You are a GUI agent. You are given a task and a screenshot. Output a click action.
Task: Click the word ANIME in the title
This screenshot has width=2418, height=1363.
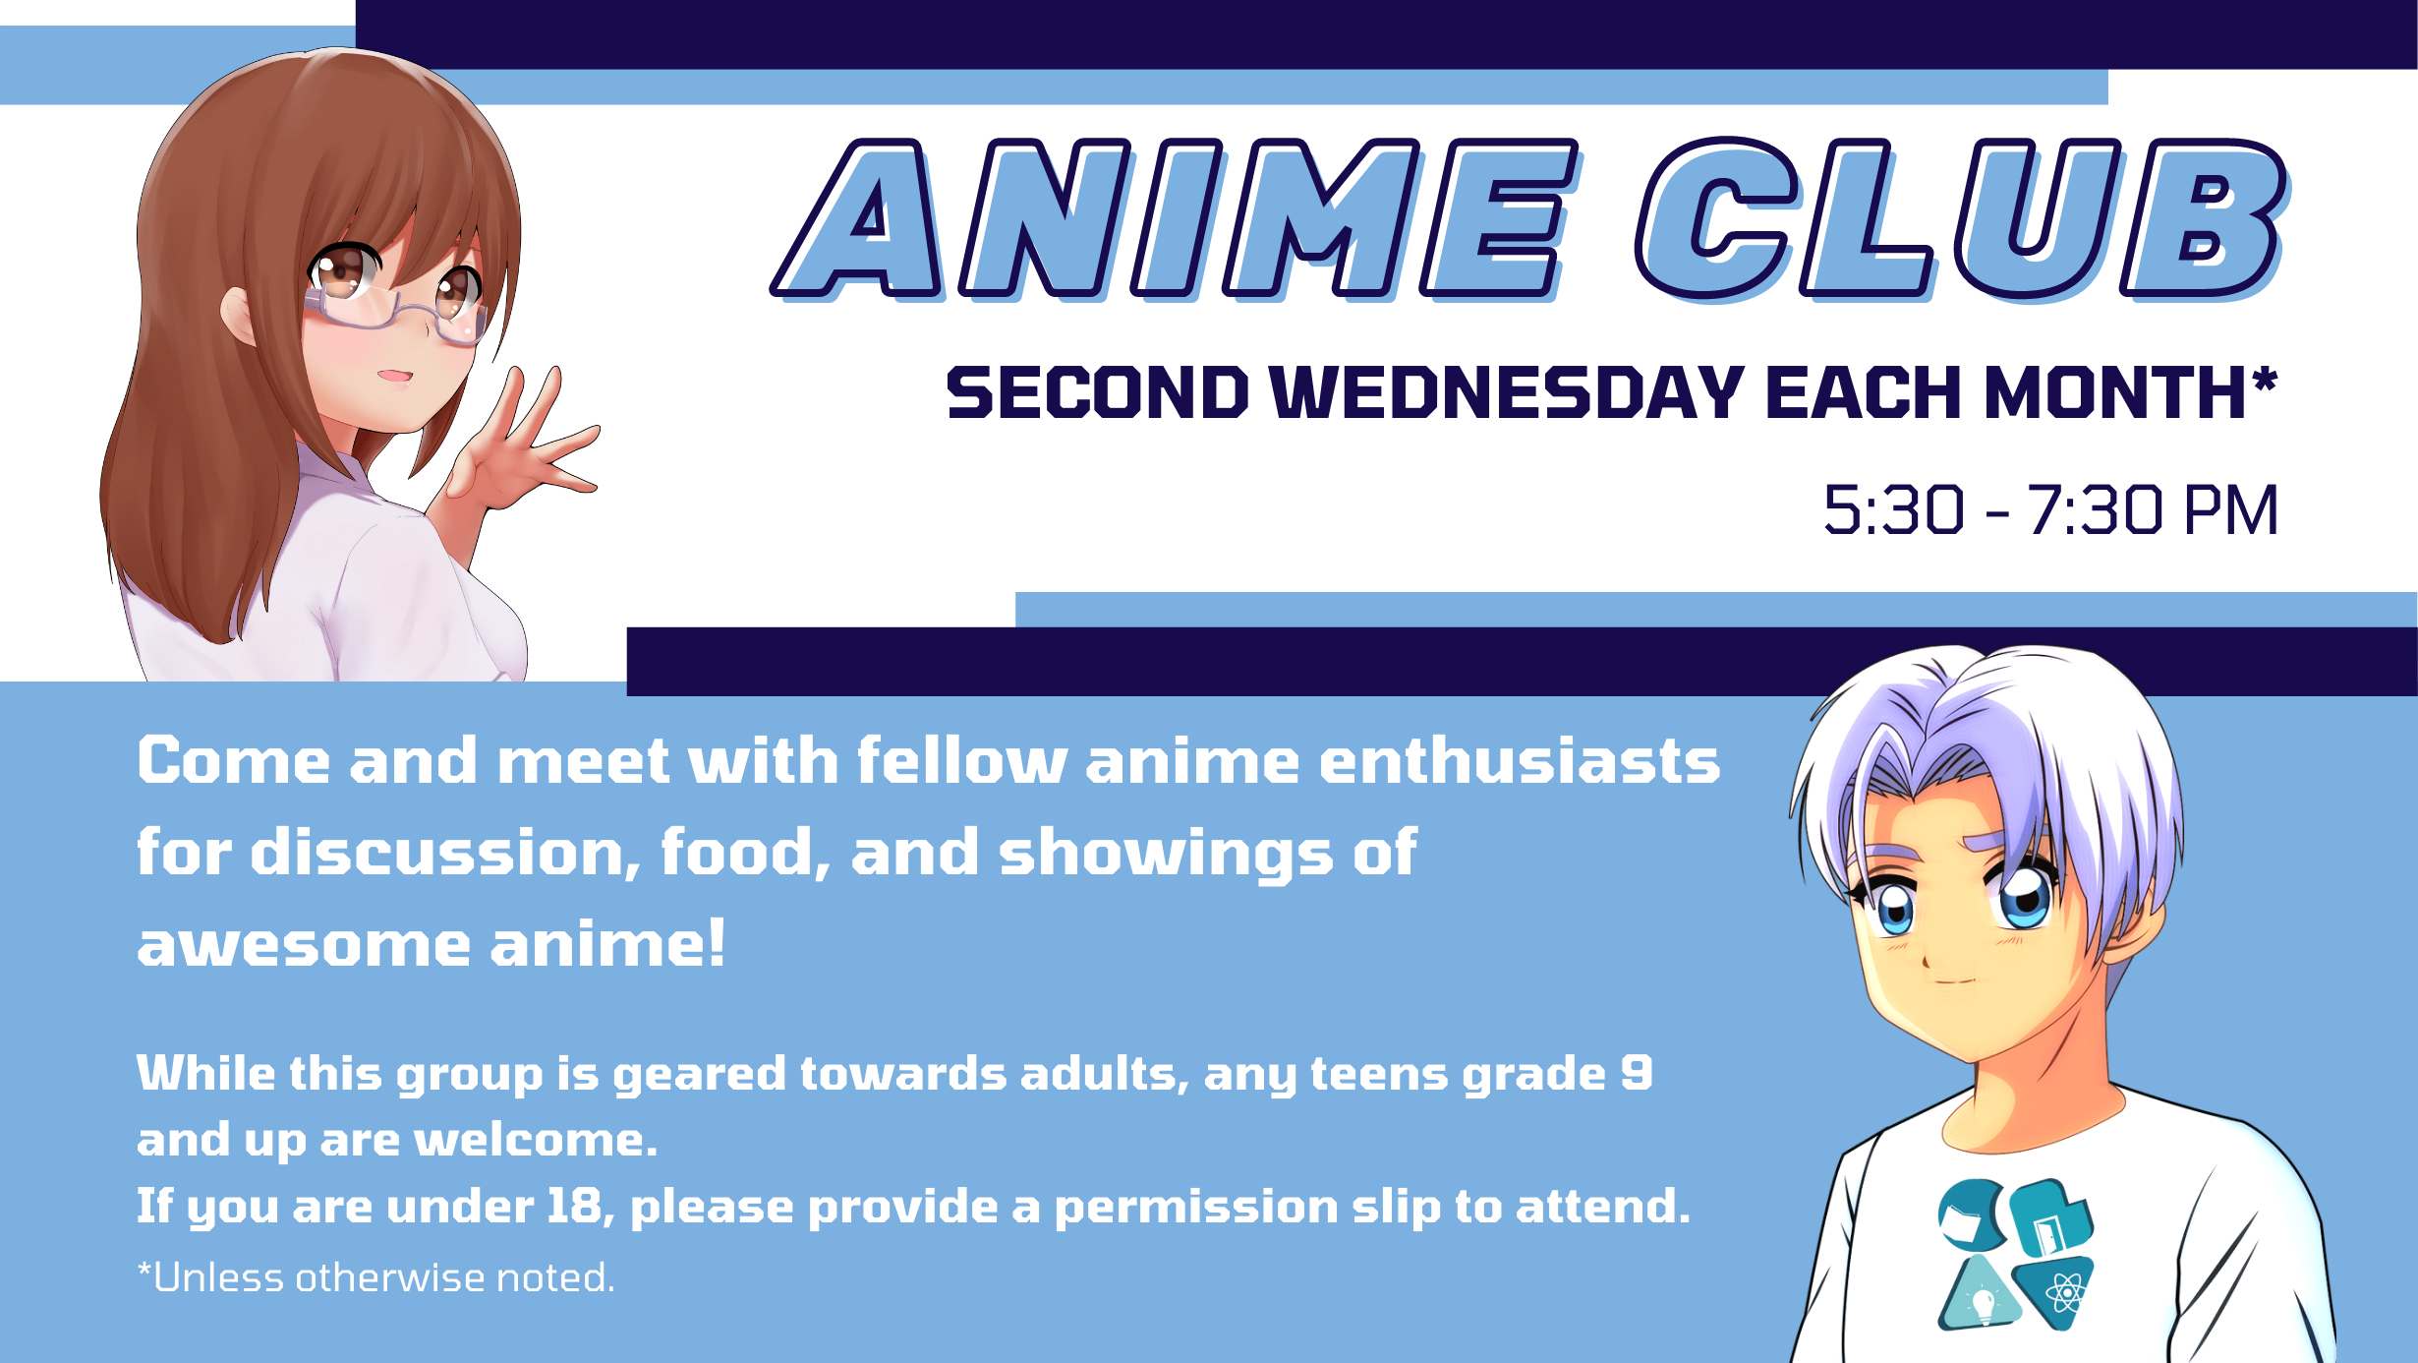point(1175,218)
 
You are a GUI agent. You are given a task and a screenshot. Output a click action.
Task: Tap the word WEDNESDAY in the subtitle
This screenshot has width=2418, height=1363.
point(1507,392)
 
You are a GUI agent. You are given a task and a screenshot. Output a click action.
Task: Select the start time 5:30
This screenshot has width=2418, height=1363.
point(1894,510)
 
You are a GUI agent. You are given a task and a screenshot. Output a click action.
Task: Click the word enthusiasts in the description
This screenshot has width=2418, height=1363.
point(1520,761)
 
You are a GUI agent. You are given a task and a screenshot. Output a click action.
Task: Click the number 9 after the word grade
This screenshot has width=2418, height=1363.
point(1637,1073)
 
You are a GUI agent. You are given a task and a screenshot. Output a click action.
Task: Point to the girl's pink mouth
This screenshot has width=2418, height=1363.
point(394,377)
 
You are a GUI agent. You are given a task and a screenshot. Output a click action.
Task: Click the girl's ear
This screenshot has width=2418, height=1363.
point(239,316)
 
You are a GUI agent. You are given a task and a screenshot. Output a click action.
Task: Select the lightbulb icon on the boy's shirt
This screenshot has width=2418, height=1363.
point(1983,1302)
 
